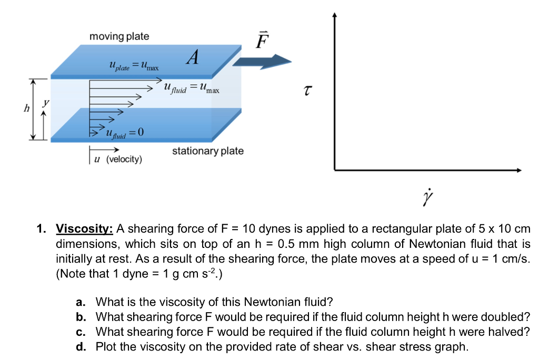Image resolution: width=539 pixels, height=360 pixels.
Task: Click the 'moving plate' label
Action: [x=119, y=36]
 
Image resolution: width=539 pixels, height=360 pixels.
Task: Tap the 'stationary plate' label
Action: [x=208, y=151]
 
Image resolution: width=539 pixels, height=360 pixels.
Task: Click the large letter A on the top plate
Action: [x=192, y=58]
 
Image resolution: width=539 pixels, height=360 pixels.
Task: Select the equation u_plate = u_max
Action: [x=133, y=66]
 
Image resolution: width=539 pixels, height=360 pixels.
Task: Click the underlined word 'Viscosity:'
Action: [x=84, y=229]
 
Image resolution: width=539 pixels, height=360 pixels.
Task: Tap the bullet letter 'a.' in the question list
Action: [x=81, y=302]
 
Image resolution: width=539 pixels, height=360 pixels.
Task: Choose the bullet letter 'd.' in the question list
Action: [x=81, y=346]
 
